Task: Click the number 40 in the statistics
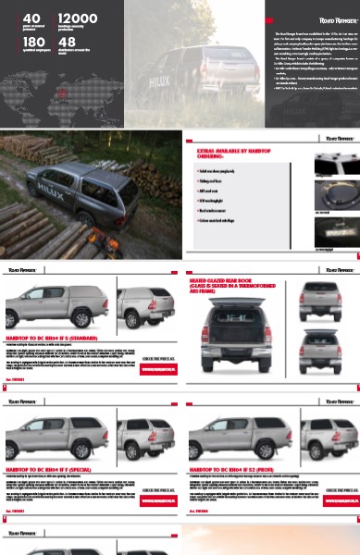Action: pyautogui.click(x=31, y=18)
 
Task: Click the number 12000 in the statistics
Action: pyautogui.click(x=78, y=18)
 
